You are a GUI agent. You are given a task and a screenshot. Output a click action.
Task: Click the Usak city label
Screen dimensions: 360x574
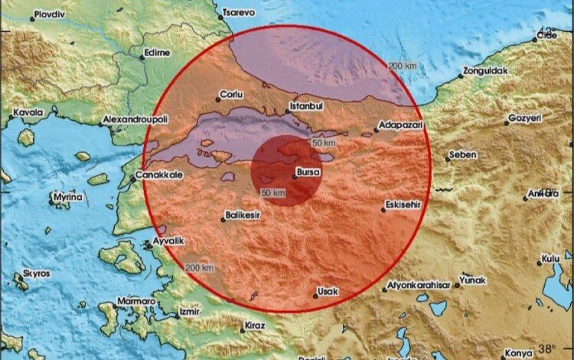328,291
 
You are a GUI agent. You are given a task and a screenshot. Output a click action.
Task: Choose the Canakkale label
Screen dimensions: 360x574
158,175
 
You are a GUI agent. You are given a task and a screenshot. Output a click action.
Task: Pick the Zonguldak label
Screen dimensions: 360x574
485,72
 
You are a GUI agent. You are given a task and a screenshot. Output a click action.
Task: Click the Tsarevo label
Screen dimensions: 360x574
239,13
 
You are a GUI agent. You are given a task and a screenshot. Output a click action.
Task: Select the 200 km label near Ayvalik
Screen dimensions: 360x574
199,267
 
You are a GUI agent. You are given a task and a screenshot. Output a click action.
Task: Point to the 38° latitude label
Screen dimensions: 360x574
553,349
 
